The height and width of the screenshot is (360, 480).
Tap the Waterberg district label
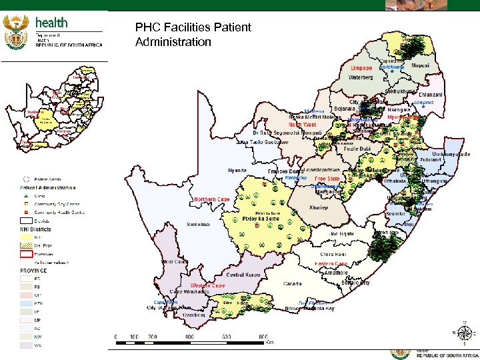(x=364, y=77)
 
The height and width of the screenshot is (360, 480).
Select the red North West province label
(x=302, y=125)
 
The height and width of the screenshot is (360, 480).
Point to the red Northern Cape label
(x=212, y=199)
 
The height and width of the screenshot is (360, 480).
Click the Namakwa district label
(x=199, y=225)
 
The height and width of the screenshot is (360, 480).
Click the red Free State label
(x=327, y=179)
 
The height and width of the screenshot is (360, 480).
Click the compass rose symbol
(x=464, y=331)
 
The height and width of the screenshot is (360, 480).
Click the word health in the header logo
(x=51, y=23)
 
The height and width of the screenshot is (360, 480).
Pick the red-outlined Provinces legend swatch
(x=25, y=254)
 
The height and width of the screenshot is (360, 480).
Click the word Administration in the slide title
(x=173, y=42)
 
